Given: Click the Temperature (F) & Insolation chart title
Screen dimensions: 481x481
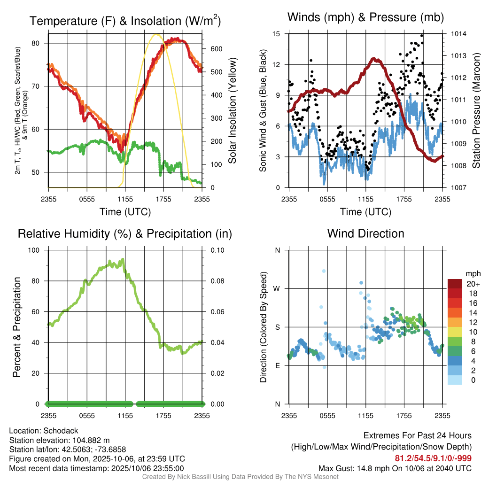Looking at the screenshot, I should [x=125, y=21].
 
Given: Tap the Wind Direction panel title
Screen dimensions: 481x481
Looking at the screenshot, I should [x=365, y=233].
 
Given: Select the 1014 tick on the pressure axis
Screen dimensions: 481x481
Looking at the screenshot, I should [x=458, y=34].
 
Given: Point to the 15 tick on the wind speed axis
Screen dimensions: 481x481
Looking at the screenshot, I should [x=276, y=34].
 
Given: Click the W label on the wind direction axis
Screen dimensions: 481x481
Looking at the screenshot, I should [x=277, y=288].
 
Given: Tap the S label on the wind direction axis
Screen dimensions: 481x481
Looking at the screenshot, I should [x=278, y=327].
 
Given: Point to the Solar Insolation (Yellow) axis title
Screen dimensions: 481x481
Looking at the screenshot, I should [x=232, y=111].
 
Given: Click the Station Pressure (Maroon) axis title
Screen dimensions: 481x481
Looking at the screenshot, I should [x=475, y=111].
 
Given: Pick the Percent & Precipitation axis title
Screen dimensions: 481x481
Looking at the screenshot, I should [x=17, y=327].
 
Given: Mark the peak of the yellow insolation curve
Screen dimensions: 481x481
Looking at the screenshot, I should [x=157, y=34].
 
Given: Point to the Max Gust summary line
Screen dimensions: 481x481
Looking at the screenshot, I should [x=395, y=468].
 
